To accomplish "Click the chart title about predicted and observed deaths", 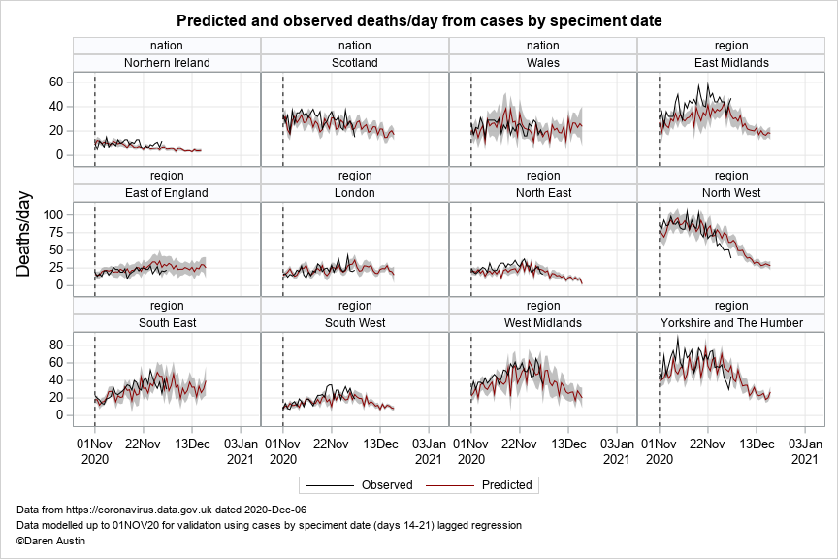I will [419, 20].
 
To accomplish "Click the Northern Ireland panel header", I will [167, 63].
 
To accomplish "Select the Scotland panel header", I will [355, 63].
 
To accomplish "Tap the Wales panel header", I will [543, 63].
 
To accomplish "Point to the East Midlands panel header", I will [731, 63].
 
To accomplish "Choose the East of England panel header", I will [167, 192].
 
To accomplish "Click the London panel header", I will [355, 192].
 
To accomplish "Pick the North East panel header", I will [543, 192].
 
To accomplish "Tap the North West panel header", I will [731, 192].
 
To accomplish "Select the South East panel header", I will [167, 322].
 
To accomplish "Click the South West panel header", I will [355, 322].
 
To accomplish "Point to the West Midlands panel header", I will [543, 322].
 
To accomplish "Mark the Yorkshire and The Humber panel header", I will [731, 322].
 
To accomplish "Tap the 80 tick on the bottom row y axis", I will [57, 345].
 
